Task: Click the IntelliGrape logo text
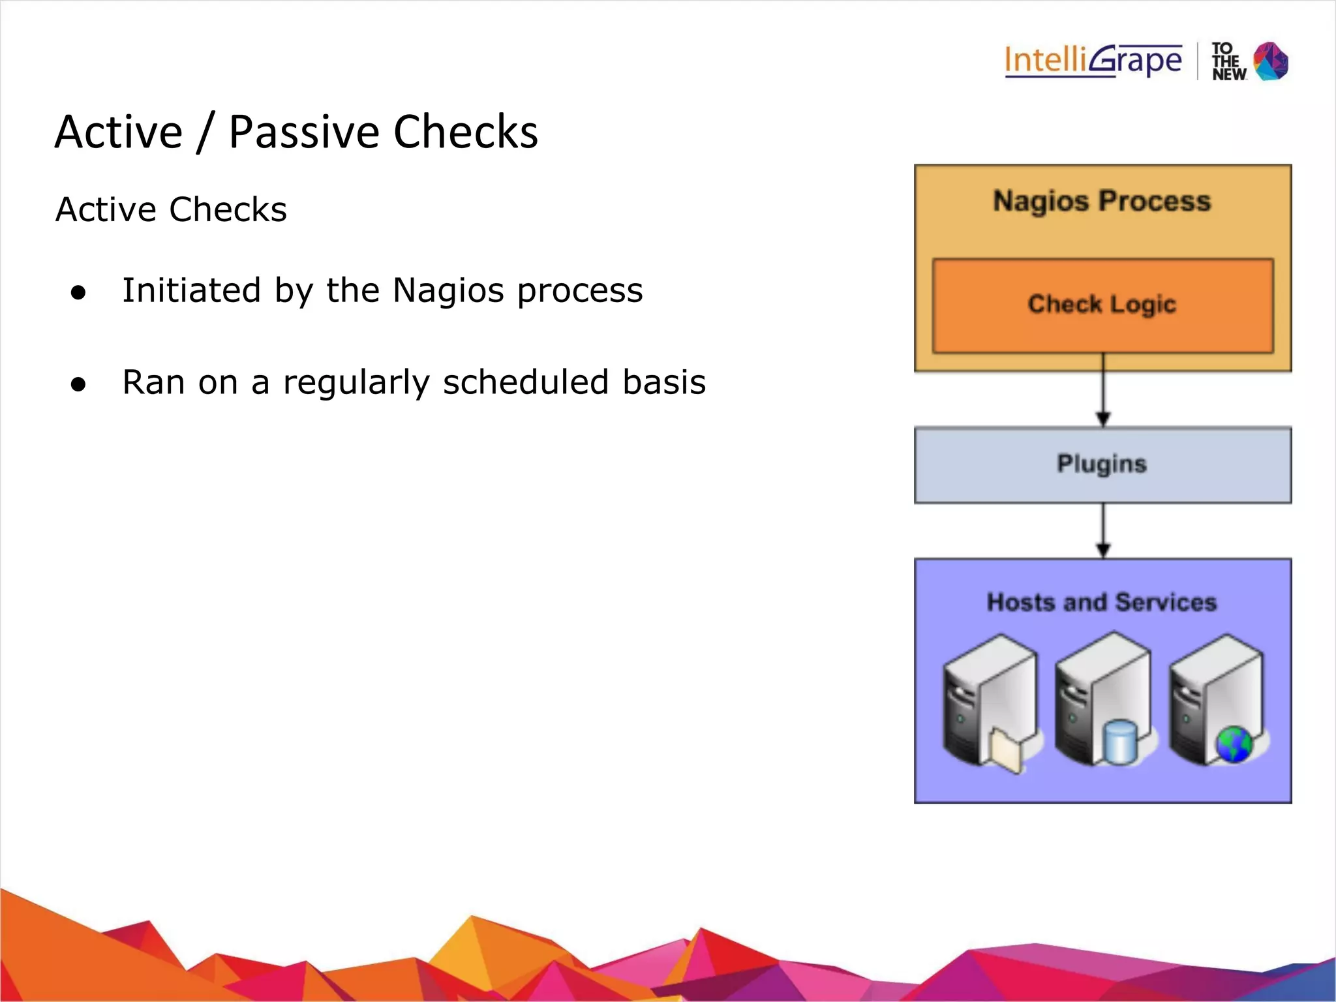[x=1093, y=61]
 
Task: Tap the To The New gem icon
[x=1271, y=61]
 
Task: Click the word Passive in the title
[x=304, y=132]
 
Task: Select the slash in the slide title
[x=205, y=132]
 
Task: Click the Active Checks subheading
[x=171, y=209]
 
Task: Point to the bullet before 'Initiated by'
[x=78, y=293]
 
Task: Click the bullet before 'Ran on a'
[x=78, y=384]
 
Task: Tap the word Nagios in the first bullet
[x=448, y=290]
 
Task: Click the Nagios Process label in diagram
[x=1102, y=201]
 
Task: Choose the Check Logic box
[x=1102, y=305]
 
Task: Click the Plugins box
[x=1102, y=464]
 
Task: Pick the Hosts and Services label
[x=1102, y=601]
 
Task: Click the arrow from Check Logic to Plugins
[x=1103, y=391]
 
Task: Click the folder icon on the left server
[x=1005, y=750]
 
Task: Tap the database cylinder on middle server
[x=1119, y=741]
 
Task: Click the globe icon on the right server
[x=1234, y=744]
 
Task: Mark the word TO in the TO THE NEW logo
[x=1222, y=49]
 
